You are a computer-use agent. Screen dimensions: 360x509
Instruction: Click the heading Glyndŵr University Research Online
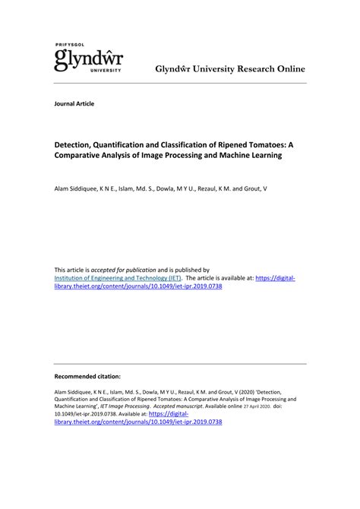(230, 68)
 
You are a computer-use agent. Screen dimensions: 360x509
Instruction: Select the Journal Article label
(74, 103)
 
